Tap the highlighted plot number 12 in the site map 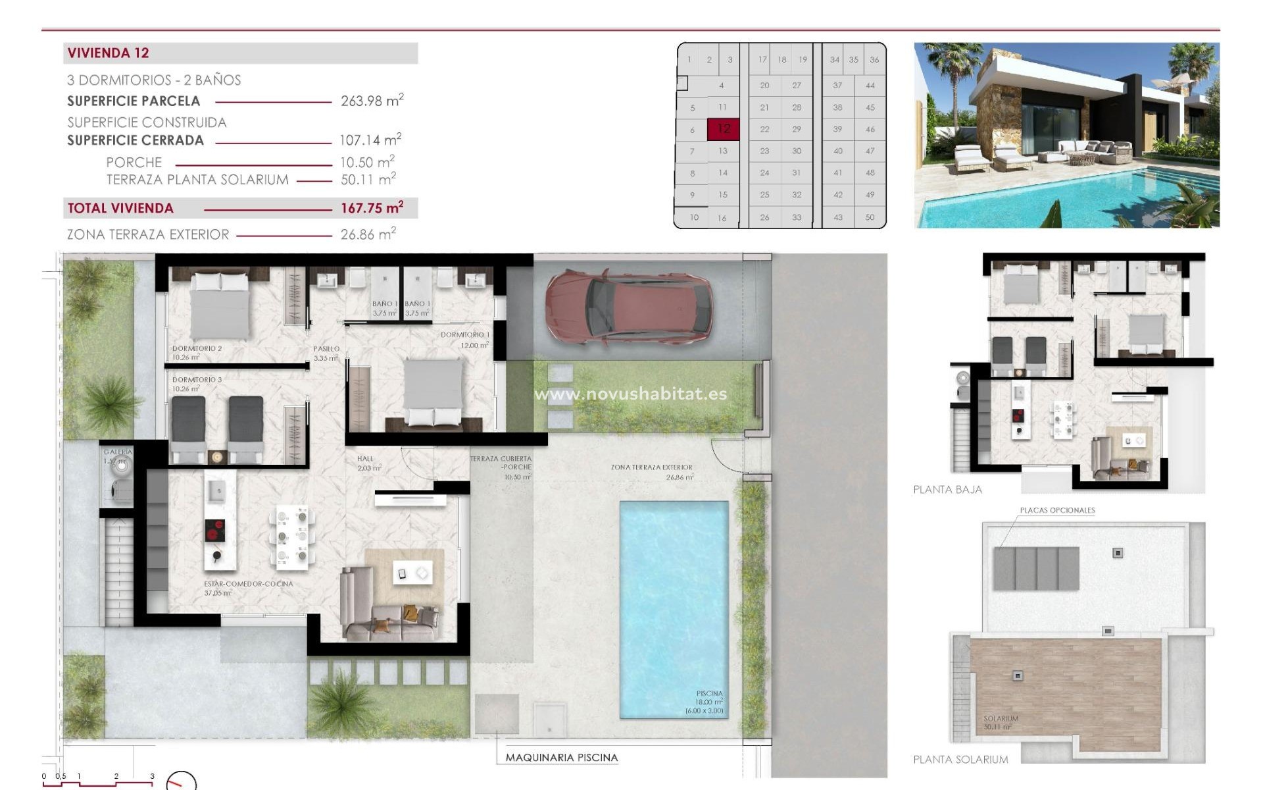[724, 129]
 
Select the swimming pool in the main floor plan [674, 606]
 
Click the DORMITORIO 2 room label [197, 348]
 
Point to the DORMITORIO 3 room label [197, 380]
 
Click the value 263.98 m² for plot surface [372, 101]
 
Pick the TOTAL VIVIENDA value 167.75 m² [372, 208]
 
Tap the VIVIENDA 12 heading [109, 53]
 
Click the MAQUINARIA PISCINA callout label [561, 758]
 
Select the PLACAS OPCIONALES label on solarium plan [1057, 510]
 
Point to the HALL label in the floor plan [365, 459]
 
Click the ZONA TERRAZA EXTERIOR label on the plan [651, 467]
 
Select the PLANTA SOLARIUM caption [960, 760]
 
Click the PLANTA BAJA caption [947, 490]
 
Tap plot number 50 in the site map [870, 217]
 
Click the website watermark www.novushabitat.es [630, 394]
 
